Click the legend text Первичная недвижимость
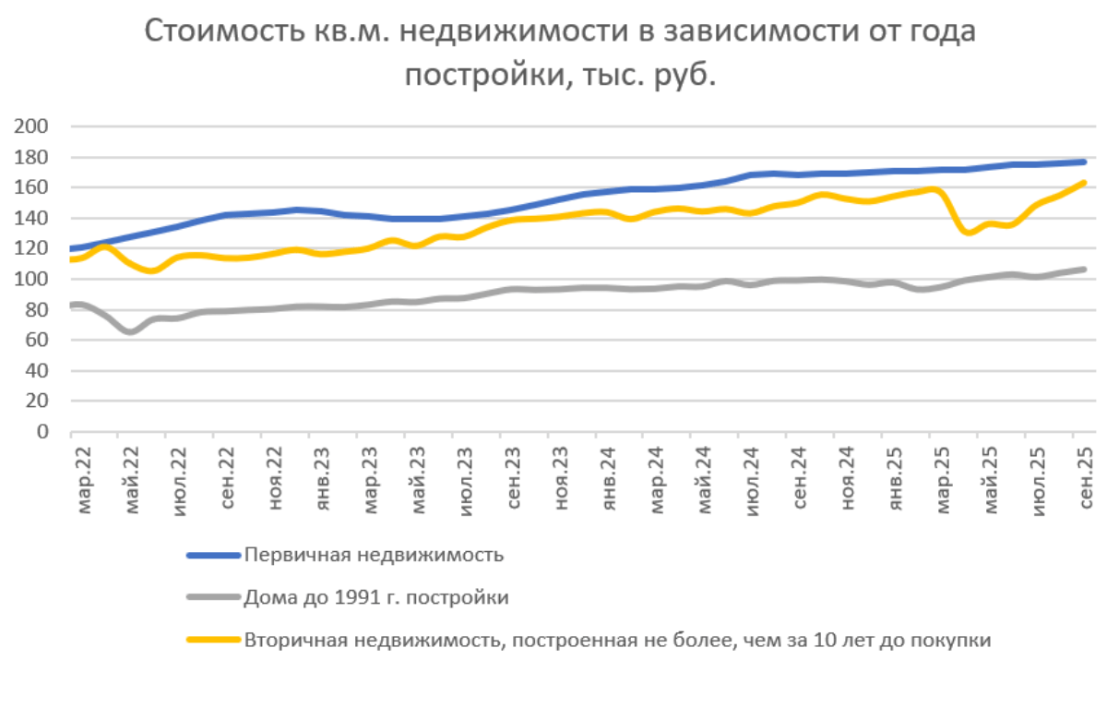tap(374, 555)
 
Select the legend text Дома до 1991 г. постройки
tap(376, 597)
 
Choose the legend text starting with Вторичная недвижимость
tap(617, 640)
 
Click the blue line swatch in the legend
tap(213, 556)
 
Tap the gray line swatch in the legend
tap(213, 598)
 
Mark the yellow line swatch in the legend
tap(213, 640)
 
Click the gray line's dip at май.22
tap(130, 330)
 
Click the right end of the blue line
tap(1083, 162)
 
